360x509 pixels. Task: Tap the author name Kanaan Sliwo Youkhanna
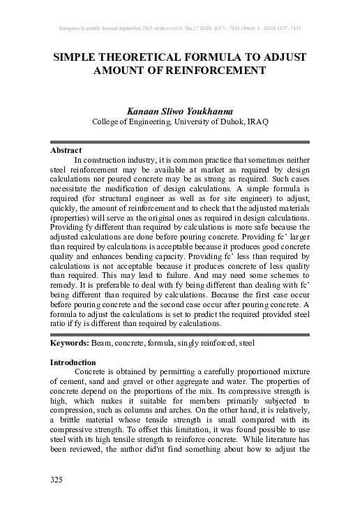click(180, 110)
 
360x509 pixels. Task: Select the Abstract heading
click(66, 150)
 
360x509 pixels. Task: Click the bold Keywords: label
click(70, 345)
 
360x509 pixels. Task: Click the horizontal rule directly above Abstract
click(180, 142)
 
